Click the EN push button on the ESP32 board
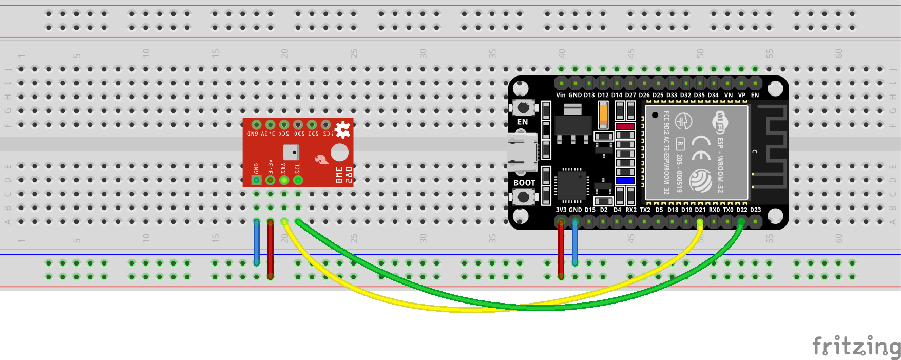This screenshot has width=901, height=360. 523,108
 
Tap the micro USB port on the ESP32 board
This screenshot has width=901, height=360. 522,152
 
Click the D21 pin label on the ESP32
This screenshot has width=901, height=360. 700,210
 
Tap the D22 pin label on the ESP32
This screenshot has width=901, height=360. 742,210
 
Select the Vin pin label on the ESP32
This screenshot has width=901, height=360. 561,95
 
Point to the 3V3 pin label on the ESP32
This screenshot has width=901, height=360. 561,210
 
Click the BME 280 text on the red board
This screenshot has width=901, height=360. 343,175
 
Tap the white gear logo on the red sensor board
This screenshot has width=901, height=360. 342,129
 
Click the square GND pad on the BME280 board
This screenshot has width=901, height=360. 257,180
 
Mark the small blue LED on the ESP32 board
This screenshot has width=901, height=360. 625,180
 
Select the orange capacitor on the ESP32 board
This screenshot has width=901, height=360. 604,114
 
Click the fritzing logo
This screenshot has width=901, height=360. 856,347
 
